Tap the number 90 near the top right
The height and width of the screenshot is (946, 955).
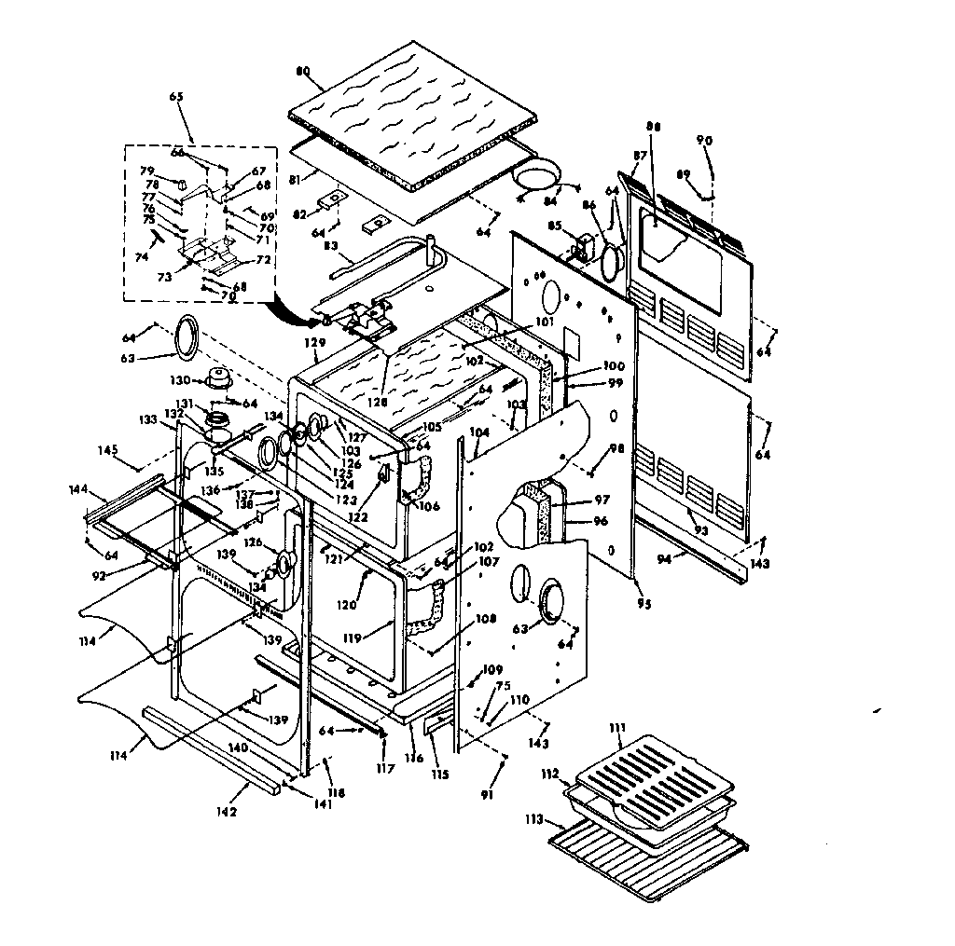click(704, 140)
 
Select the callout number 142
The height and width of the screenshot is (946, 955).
click(226, 812)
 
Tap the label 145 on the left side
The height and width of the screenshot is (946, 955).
click(108, 450)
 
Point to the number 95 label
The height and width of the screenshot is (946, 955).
click(644, 604)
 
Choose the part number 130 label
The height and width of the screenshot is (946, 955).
click(179, 380)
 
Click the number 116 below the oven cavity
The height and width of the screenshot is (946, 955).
click(415, 759)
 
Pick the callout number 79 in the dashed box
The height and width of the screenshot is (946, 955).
click(146, 171)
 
